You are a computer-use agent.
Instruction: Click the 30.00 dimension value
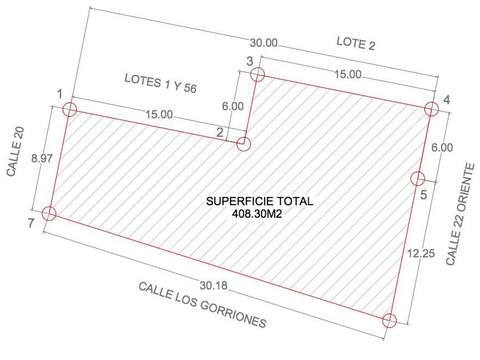[x=263, y=43]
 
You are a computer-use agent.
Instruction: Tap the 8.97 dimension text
[x=42, y=159]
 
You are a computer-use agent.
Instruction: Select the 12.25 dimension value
[x=421, y=254]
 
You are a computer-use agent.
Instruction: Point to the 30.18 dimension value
[x=214, y=286]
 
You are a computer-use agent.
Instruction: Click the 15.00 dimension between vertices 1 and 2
[x=159, y=114]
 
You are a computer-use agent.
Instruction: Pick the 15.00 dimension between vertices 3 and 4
[x=347, y=74]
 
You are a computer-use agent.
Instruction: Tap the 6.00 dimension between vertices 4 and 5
[x=442, y=147]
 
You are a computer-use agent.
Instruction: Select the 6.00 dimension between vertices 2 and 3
[x=233, y=106]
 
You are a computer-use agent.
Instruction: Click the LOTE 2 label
[x=355, y=43]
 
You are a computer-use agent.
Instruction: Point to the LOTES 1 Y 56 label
[x=161, y=83]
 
